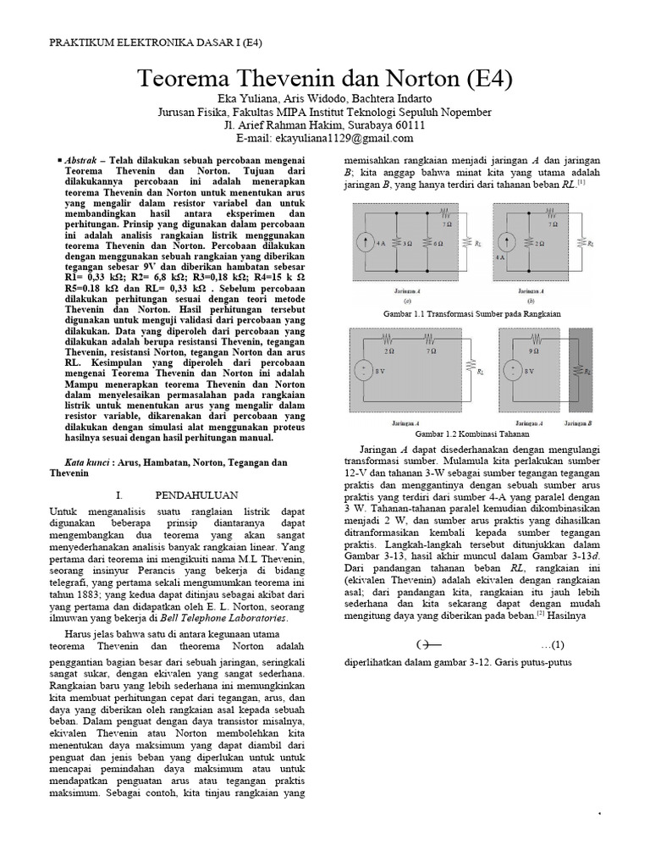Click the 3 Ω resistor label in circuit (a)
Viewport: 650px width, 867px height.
(x=408, y=243)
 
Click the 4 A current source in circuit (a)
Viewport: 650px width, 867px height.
(x=366, y=242)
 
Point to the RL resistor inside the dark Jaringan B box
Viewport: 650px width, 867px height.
(x=580, y=370)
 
